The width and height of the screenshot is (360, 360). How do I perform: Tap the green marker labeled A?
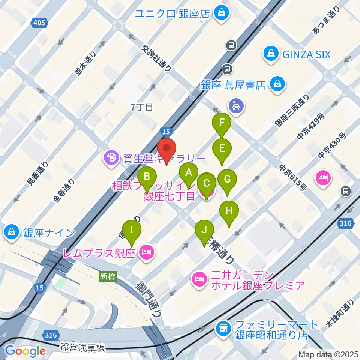coord(189,173)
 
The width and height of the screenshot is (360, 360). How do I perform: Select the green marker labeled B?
coord(147,176)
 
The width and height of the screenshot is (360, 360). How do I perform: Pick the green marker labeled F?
coord(222,123)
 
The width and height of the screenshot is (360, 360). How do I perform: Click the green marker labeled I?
coord(131,230)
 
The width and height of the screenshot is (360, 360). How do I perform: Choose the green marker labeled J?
coord(204,230)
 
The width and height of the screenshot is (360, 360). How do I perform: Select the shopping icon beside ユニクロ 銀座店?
coord(222,13)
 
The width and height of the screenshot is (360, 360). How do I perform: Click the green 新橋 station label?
coord(108,276)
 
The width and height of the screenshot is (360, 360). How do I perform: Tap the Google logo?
coord(25,351)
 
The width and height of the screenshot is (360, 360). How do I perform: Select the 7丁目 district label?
coord(142,107)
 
